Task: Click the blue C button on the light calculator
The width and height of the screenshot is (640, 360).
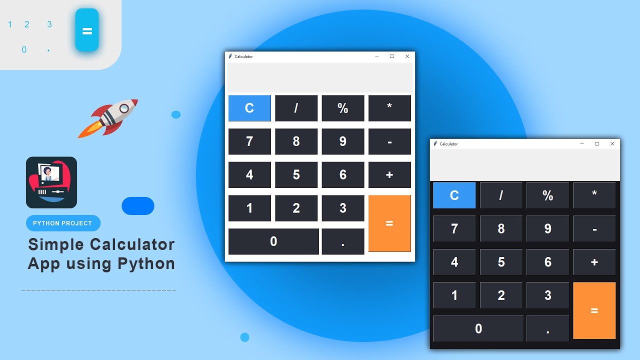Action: tap(249, 108)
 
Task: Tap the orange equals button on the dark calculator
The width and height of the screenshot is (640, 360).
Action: tap(594, 310)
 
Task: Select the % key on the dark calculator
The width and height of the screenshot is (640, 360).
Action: tap(547, 195)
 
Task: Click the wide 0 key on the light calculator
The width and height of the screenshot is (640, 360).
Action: tap(273, 241)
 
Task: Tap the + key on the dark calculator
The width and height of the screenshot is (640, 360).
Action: tap(594, 262)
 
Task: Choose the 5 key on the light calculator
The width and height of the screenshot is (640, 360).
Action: tap(296, 175)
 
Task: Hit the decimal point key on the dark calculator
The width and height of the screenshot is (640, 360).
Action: tap(547, 328)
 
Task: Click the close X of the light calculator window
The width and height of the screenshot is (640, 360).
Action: tap(407, 56)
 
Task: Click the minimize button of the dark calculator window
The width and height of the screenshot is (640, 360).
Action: tap(581, 144)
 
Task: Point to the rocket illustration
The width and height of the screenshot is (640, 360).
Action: tap(109, 118)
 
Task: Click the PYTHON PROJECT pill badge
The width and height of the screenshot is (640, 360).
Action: tap(63, 223)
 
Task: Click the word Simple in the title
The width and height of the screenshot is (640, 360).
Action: tap(55, 244)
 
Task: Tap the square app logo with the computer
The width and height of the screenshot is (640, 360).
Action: tap(51, 182)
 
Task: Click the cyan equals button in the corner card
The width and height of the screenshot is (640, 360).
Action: tap(87, 30)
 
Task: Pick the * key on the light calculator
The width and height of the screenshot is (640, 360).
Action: tap(389, 108)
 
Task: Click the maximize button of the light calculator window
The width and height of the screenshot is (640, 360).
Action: tap(392, 56)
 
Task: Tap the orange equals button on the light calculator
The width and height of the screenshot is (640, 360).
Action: tap(389, 223)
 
